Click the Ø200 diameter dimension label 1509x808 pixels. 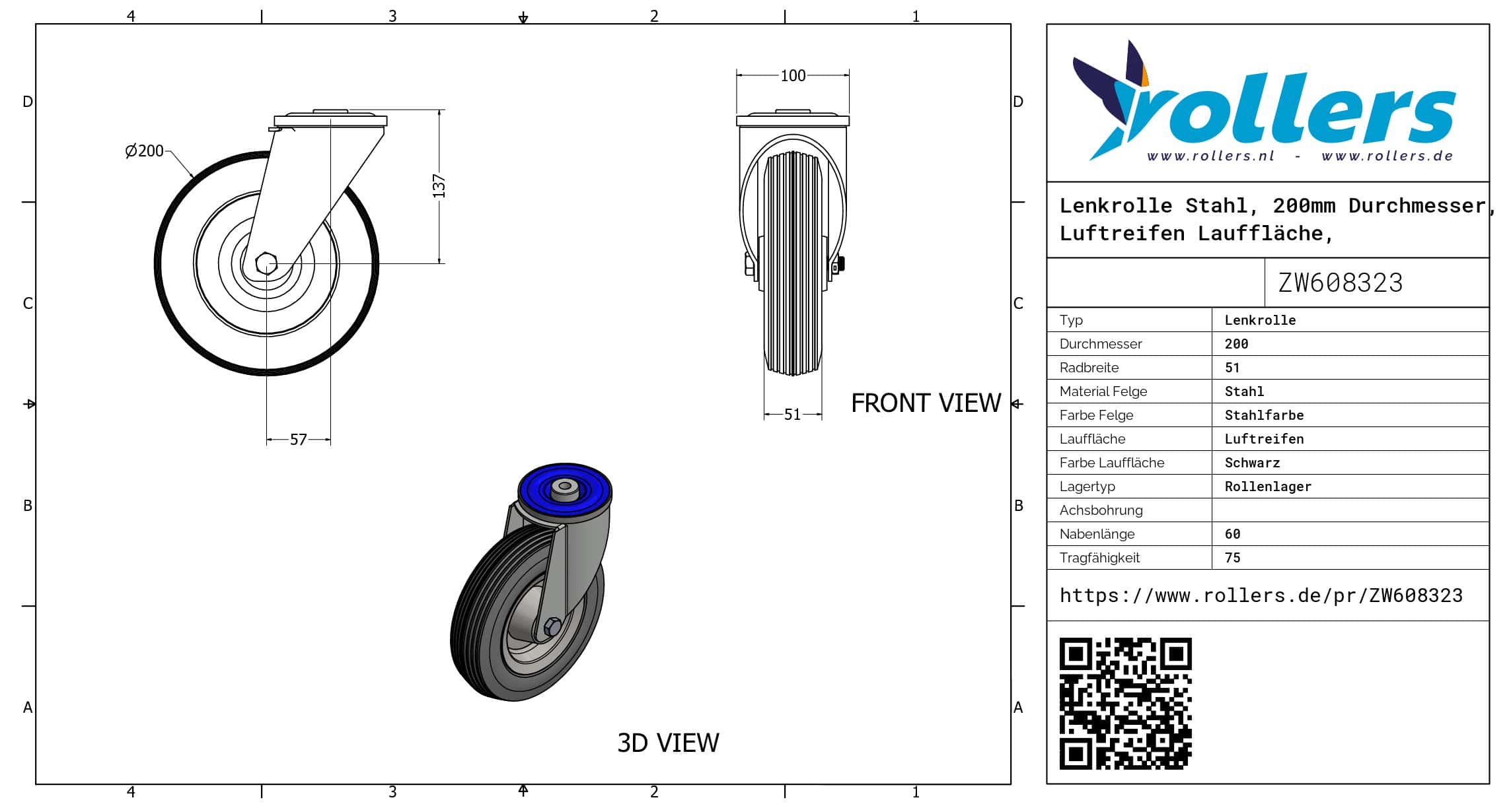(144, 151)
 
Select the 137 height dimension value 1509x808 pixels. (439, 186)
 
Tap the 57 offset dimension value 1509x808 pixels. (299, 440)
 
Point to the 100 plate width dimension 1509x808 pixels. (793, 76)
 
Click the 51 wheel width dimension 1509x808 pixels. (792, 415)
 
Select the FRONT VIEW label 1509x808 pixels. (926, 403)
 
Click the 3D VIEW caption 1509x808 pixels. (668, 743)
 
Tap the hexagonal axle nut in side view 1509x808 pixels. (266, 263)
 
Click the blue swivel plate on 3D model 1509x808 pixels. (565, 489)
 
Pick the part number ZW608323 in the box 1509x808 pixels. (1340, 283)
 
